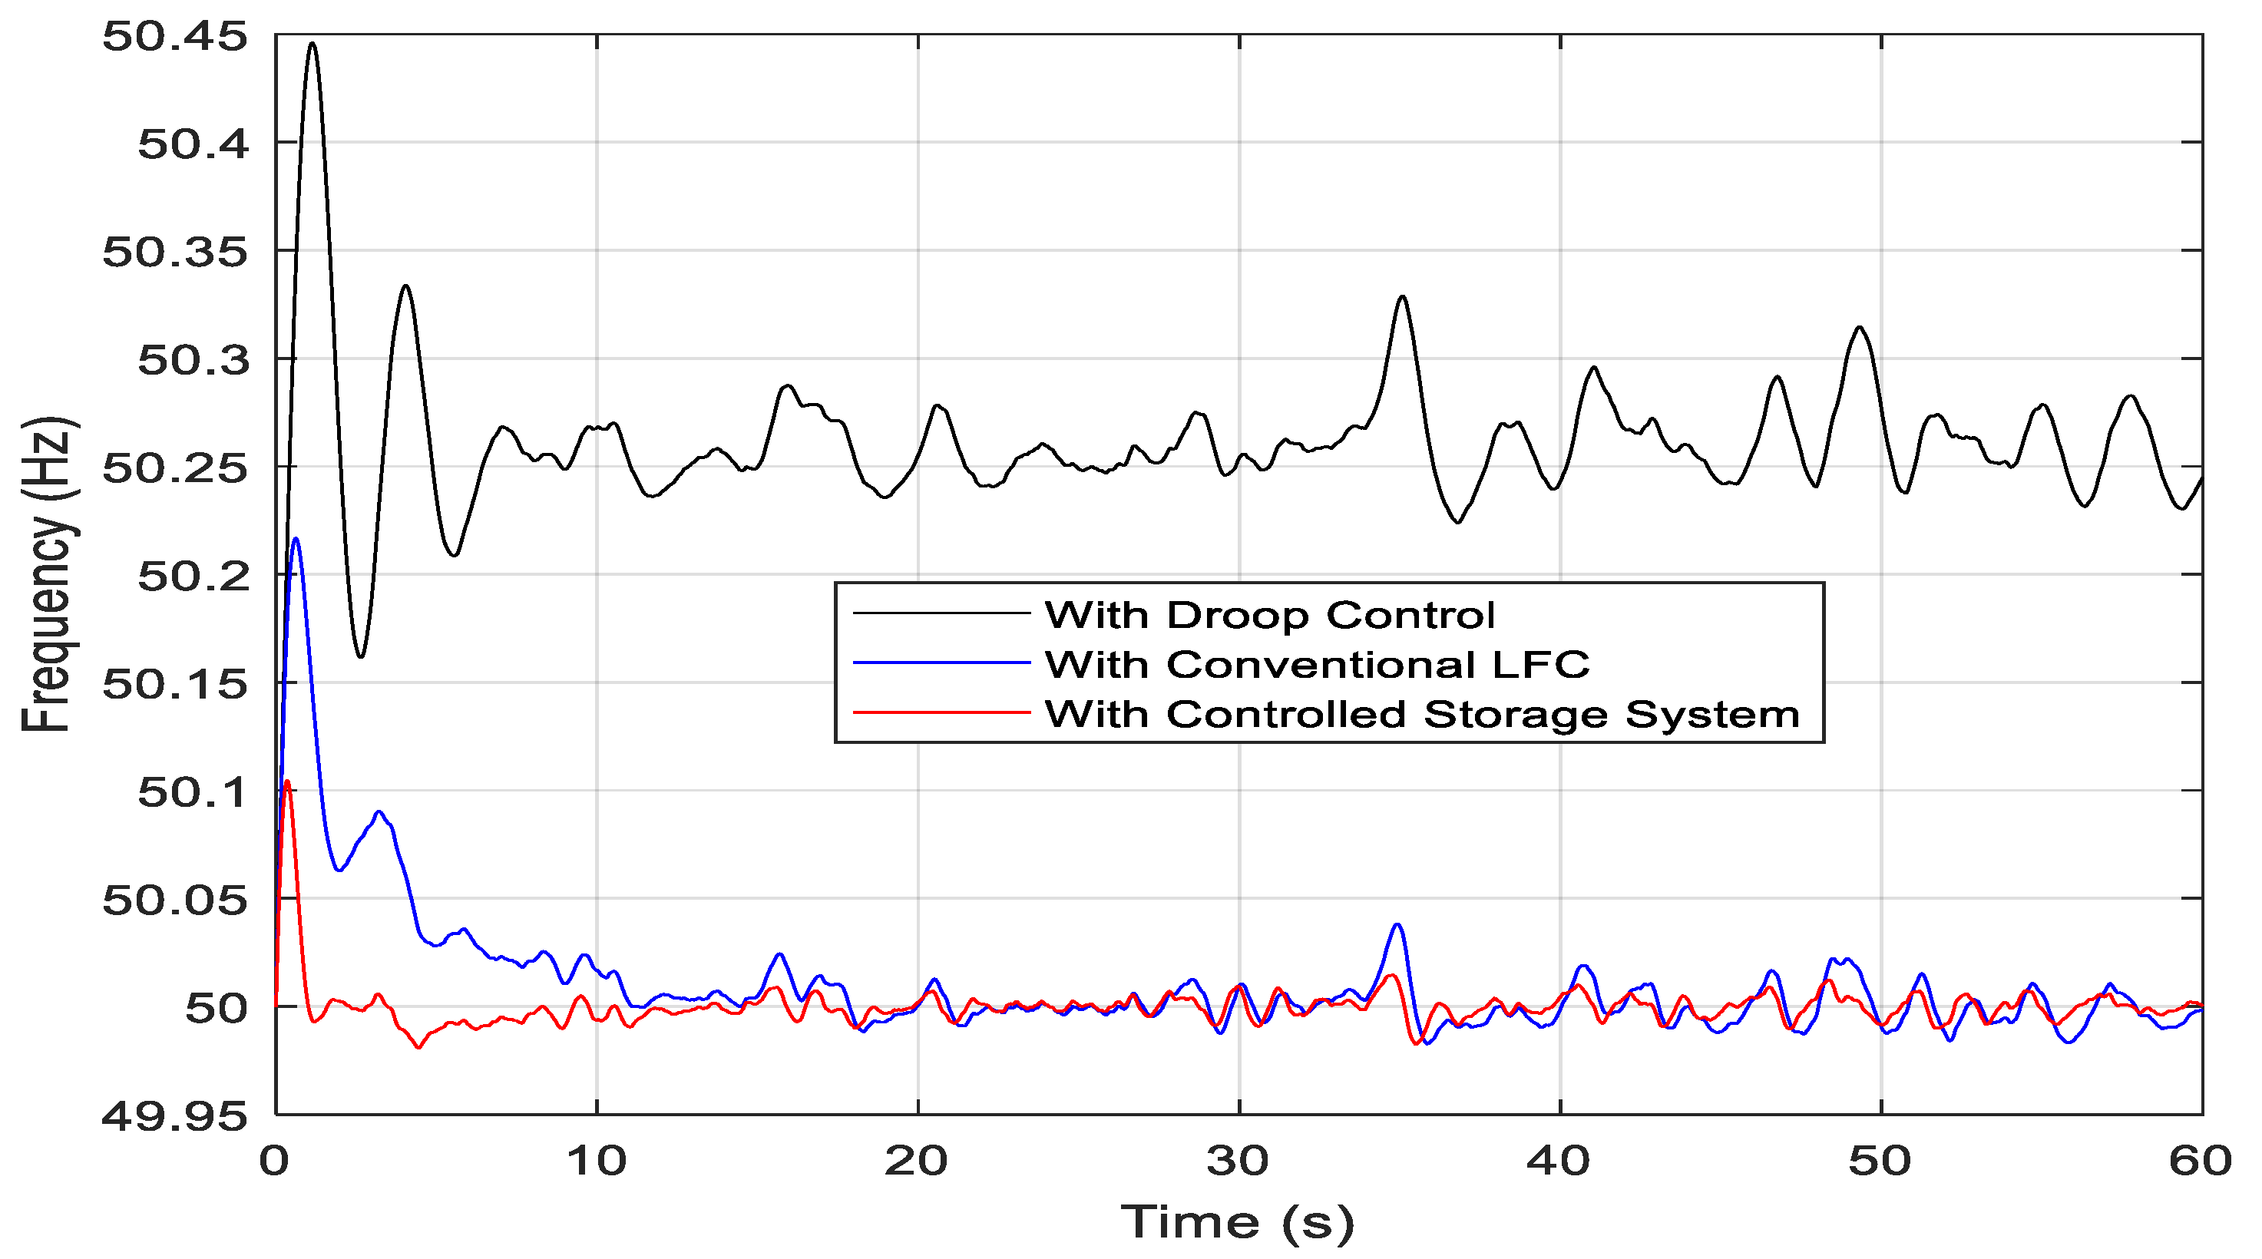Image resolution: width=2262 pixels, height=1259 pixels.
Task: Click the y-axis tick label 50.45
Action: click(175, 38)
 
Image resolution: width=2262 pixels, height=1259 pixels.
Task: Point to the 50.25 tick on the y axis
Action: click(175, 468)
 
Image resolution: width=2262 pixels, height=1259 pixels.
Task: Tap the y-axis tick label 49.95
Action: click(175, 1117)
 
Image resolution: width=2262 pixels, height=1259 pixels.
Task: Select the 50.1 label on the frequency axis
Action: click(193, 793)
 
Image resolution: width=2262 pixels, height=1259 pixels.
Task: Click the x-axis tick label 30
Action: click(1238, 1162)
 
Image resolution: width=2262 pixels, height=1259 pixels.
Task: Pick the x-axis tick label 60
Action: click(2201, 1162)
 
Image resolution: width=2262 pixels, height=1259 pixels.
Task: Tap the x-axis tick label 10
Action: click(597, 1162)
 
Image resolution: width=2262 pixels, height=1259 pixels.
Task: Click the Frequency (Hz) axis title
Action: click(49, 575)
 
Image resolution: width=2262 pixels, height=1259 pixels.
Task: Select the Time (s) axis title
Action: click(1238, 1222)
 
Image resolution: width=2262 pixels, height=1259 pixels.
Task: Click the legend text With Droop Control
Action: click(1270, 616)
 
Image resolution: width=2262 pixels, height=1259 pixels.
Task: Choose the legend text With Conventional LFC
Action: click(1317, 665)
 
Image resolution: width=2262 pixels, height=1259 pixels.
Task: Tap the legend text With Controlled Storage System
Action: click(1423, 715)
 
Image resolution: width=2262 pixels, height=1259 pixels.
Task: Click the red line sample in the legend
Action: click(941, 713)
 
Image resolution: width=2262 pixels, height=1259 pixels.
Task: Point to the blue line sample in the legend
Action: click(941, 663)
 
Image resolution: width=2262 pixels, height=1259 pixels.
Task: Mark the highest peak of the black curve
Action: click(312, 43)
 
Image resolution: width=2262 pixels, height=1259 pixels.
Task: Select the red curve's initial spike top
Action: click(287, 782)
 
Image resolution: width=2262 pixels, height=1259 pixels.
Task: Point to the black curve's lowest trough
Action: click(360, 656)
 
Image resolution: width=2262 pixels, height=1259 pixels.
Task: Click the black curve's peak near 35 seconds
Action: click(1402, 297)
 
